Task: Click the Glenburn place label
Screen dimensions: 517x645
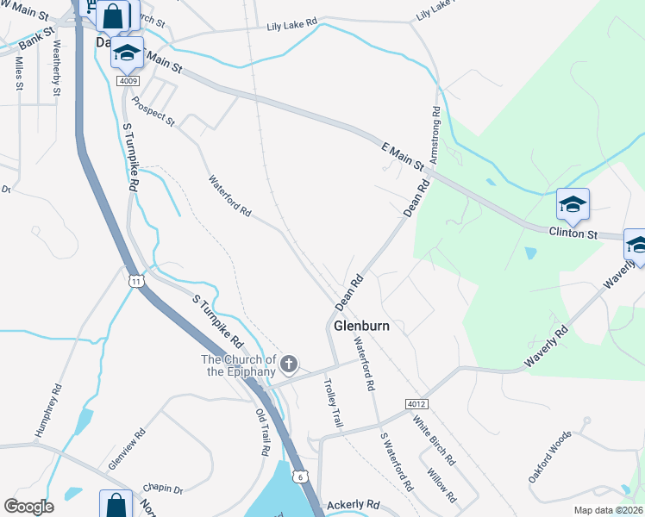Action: [361, 327]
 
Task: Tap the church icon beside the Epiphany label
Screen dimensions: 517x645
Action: [290, 364]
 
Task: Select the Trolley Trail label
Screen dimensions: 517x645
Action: [333, 402]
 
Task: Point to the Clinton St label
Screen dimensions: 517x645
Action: [573, 233]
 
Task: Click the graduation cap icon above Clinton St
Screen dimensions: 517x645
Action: [573, 205]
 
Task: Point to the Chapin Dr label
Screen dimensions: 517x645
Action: [166, 489]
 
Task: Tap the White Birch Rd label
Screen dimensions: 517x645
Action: [434, 441]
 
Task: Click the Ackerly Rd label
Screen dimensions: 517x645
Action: [354, 504]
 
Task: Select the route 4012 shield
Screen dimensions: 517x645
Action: [416, 404]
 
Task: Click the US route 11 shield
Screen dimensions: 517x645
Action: [135, 281]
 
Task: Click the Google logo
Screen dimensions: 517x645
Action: [28, 507]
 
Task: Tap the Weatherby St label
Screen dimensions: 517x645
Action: [57, 66]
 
